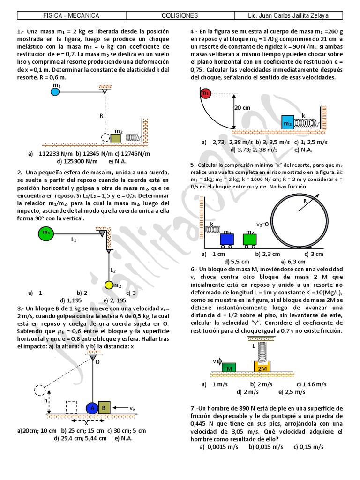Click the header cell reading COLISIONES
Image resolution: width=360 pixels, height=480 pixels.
[180, 15]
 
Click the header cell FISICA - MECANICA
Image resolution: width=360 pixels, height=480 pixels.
[71, 15]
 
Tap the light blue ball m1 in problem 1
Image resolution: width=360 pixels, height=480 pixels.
[55, 92]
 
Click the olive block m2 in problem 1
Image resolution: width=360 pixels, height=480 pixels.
[116, 138]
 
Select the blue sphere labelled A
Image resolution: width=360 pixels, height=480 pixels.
[92, 408]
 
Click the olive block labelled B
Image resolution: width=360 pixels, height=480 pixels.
[105, 408]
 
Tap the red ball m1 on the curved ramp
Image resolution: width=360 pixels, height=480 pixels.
[205, 93]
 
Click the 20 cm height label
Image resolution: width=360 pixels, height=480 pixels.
[243, 108]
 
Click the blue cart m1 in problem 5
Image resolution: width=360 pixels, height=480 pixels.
[227, 239]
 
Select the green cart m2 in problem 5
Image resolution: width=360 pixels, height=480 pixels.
[250, 239]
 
